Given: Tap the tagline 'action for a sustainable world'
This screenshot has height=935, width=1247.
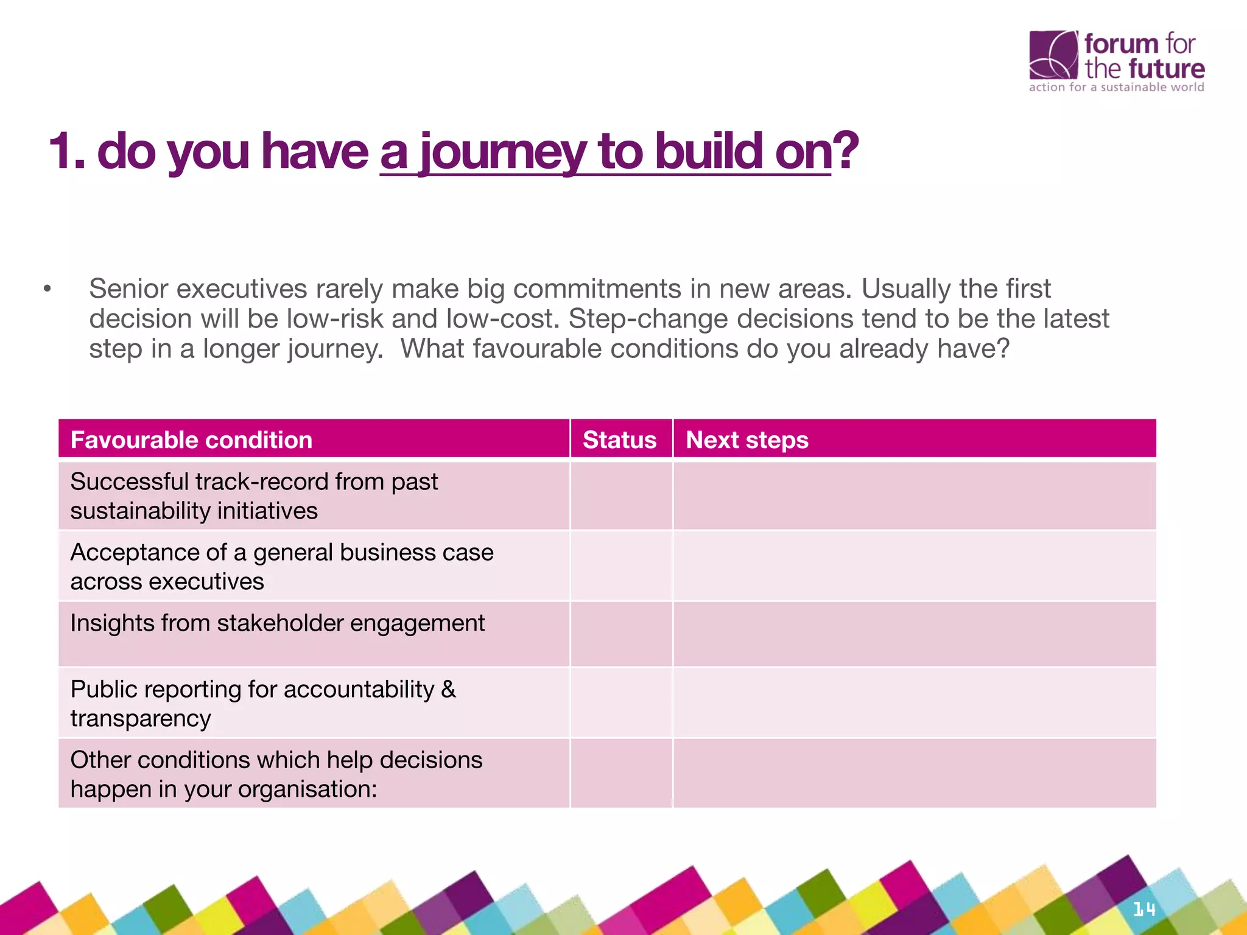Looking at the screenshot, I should click(x=1116, y=87).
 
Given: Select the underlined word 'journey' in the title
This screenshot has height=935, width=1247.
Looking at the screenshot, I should click(x=503, y=152).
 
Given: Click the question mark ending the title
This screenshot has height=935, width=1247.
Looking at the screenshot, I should click(x=846, y=151).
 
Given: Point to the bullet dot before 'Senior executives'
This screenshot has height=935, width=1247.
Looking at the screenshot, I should click(x=47, y=289).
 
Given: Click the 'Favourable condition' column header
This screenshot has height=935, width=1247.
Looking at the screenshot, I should click(x=191, y=439).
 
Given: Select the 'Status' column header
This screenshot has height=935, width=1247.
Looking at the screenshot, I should click(x=620, y=439).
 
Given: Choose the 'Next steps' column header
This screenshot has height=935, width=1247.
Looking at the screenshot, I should click(x=747, y=439).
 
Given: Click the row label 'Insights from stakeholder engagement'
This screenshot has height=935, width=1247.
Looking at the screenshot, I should click(x=278, y=623).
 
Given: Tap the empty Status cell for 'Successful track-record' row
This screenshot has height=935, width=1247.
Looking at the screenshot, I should click(x=621, y=496).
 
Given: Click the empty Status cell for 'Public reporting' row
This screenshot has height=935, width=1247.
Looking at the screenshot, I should click(x=621, y=702).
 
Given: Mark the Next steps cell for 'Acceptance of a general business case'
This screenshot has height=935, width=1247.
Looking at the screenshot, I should click(x=914, y=566).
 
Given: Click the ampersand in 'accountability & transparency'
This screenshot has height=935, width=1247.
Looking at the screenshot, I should click(x=448, y=689).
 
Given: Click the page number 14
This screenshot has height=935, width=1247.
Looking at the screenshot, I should click(x=1144, y=909).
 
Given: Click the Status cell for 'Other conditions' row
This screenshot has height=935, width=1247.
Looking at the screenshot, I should click(x=621, y=773).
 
